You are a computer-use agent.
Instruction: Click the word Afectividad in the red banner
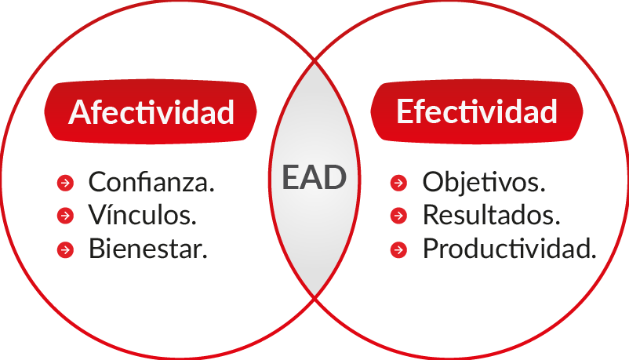click(151, 112)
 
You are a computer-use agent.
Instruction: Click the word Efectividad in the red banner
click(477, 111)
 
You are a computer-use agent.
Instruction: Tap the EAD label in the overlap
click(314, 177)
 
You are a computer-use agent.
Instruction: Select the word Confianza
click(151, 182)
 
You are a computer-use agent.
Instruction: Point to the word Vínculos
click(143, 215)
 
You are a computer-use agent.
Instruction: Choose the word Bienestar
click(147, 249)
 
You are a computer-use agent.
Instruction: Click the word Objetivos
click(484, 183)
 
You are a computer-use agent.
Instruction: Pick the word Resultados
click(491, 215)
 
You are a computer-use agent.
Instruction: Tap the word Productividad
click(510, 249)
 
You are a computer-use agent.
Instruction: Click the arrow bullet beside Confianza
click(65, 183)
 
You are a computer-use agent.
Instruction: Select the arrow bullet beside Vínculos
click(65, 216)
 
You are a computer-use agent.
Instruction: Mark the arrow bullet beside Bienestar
click(65, 249)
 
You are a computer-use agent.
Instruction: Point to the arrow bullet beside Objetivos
click(398, 183)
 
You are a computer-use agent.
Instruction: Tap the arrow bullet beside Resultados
click(398, 216)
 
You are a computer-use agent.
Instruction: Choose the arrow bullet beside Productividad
click(398, 249)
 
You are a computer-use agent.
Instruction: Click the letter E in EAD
click(290, 177)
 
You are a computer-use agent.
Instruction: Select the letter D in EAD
click(336, 177)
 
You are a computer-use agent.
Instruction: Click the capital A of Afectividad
click(80, 112)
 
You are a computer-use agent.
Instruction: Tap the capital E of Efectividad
click(405, 111)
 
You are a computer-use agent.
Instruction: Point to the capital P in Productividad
click(431, 249)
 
